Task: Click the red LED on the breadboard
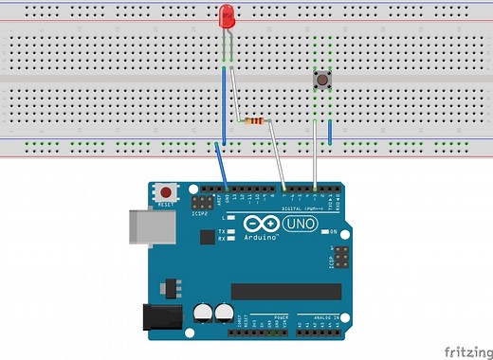(x=227, y=17)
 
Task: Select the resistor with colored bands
(x=255, y=121)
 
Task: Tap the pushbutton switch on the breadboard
(x=322, y=81)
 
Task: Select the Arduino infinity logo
(x=262, y=225)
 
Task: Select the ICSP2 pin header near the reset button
(x=202, y=204)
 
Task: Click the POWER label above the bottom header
(x=281, y=317)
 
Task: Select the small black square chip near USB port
(x=173, y=284)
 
